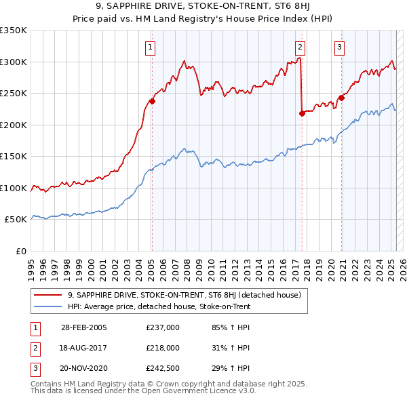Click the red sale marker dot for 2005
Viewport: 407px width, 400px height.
tap(152, 102)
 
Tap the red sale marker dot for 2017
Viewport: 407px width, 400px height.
tap(302, 113)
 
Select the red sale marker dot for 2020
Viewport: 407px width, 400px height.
tap(341, 98)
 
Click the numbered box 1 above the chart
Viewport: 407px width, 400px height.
tap(149, 47)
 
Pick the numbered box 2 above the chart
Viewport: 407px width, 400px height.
tap(300, 47)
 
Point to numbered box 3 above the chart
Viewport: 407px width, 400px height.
tap(338, 47)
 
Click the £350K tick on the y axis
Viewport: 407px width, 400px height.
tap(14, 31)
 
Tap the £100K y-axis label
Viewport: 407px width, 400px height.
tap(14, 188)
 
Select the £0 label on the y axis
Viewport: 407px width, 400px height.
tap(21, 251)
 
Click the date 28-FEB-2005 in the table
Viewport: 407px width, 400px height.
tap(84, 327)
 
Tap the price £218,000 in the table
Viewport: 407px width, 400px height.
tap(163, 348)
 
